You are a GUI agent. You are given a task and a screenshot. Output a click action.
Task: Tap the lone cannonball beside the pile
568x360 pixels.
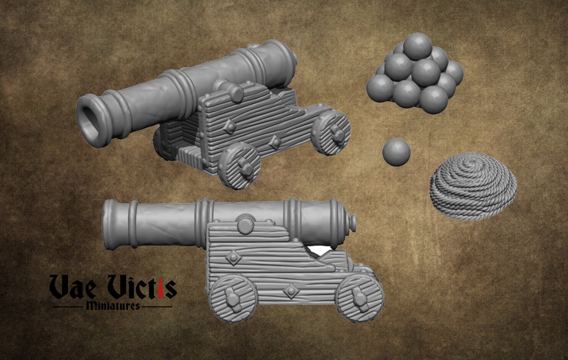[396, 152]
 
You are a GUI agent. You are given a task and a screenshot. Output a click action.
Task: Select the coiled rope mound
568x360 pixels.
[473, 184]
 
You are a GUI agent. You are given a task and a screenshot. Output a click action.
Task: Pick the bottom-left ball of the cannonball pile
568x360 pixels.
[379, 88]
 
